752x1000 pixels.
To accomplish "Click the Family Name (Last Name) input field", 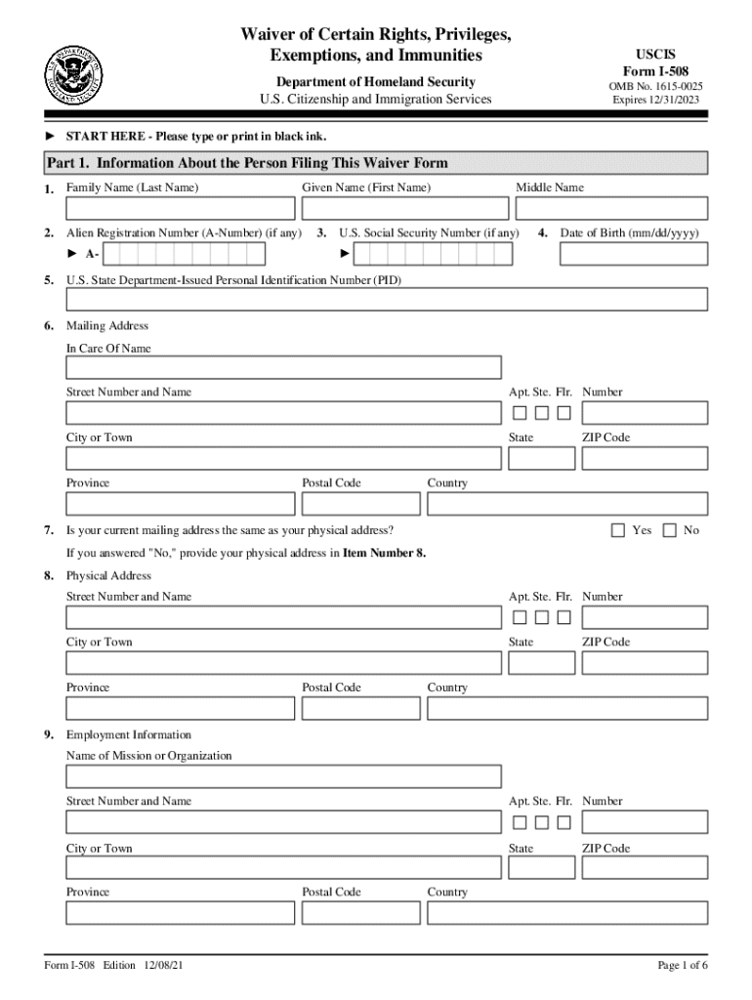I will (x=180, y=208).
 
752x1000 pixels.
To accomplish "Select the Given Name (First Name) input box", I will (x=404, y=208).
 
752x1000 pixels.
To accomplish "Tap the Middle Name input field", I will (x=611, y=208).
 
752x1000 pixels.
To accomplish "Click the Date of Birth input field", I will (x=633, y=254).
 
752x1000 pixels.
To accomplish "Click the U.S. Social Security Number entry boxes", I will (x=433, y=254).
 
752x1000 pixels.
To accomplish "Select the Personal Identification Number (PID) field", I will (x=386, y=299).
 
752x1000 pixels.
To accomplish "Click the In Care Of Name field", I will (x=283, y=367).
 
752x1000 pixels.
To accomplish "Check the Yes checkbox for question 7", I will (x=617, y=530).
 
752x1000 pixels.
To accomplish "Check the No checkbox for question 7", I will (x=669, y=530).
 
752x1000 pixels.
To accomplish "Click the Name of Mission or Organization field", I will (x=283, y=776).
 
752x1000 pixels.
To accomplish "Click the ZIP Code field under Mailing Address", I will (x=645, y=458).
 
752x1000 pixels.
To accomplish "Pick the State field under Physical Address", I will (x=541, y=663).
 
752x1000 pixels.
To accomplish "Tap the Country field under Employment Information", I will (x=567, y=912).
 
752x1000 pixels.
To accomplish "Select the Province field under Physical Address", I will (x=180, y=708).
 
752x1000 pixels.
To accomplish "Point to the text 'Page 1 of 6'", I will (x=683, y=966).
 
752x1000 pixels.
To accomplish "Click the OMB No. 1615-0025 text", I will (x=655, y=86).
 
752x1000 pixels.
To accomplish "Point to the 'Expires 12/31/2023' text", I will (x=655, y=100).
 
